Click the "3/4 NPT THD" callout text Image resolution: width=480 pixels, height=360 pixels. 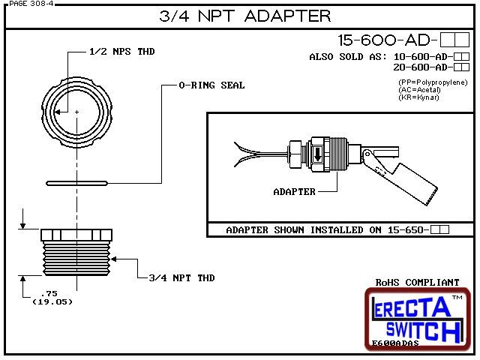coord(181,277)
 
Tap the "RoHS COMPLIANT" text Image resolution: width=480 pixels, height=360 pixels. coord(417,283)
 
